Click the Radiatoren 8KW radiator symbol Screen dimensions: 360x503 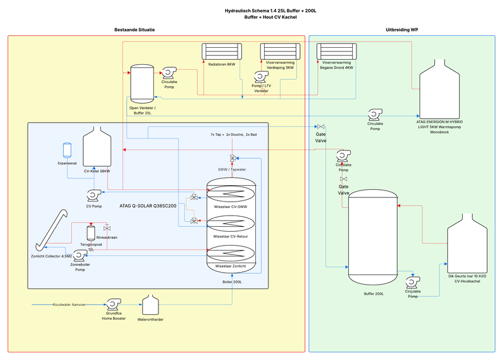[x=222, y=51]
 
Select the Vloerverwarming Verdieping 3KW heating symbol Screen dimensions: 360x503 [x=281, y=51]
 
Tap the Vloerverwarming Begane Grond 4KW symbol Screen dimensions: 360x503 [x=336, y=51]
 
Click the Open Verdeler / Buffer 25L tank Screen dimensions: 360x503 [x=141, y=84]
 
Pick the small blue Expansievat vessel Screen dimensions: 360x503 [x=67, y=150]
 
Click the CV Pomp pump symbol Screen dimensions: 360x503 [x=96, y=195]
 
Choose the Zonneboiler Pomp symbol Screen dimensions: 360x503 [x=79, y=255]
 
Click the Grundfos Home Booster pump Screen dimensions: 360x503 [x=114, y=305]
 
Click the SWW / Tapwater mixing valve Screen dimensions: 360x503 [x=232, y=158]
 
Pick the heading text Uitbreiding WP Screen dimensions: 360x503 [x=402, y=30]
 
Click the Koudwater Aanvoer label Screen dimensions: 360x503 [x=69, y=305]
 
